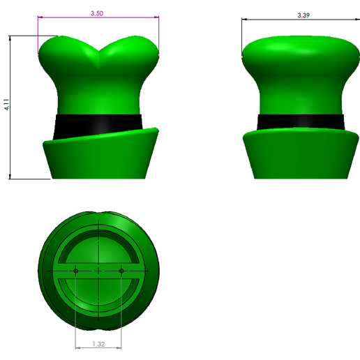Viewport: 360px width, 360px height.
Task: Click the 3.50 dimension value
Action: coord(98,13)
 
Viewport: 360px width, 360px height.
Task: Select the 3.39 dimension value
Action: coord(303,15)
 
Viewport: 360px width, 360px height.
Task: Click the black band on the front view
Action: coord(98,123)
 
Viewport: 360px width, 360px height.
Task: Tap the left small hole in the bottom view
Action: coord(75,270)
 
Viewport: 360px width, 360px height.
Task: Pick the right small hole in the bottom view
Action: coord(121,270)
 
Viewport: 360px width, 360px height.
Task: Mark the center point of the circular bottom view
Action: coord(98,270)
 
